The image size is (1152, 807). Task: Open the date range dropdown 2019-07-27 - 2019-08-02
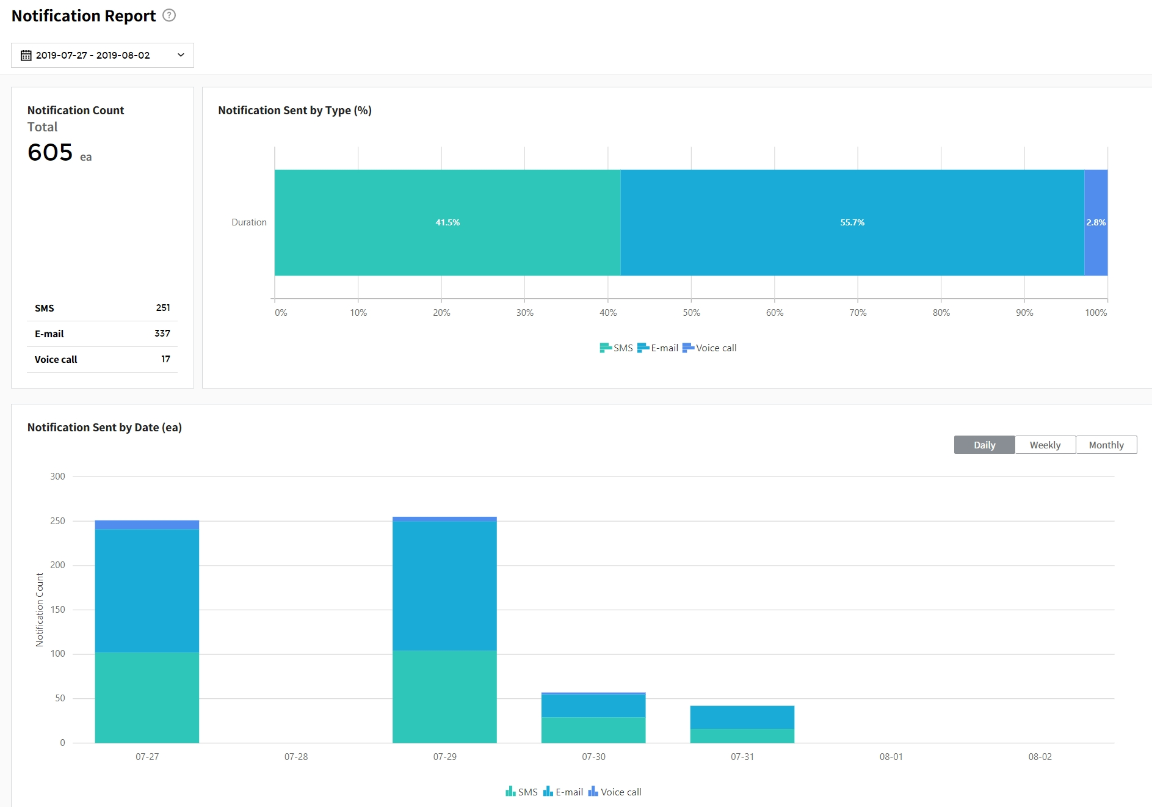102,55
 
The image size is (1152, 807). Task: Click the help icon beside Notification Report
169,15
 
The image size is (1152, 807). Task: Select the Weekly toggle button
1045,445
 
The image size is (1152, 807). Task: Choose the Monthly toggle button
1106,445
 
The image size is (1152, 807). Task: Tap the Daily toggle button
984,445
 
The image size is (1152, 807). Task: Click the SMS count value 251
163,308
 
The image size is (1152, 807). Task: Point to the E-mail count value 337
162,334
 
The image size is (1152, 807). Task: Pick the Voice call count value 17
165,359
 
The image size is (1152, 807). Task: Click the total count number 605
50,152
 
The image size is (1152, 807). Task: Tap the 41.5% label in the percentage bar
447,222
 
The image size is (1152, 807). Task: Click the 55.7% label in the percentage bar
852,222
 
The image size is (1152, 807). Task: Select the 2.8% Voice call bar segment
1096,222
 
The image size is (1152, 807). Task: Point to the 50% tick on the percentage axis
691,313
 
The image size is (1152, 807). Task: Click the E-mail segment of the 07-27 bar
147,590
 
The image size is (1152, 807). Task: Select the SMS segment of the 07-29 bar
444,696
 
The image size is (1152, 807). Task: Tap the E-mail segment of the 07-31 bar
742,717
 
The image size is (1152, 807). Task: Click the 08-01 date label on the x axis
891,757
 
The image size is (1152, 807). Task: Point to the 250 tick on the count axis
57,521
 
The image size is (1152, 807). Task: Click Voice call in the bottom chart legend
615,792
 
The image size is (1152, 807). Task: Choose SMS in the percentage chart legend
617,348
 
